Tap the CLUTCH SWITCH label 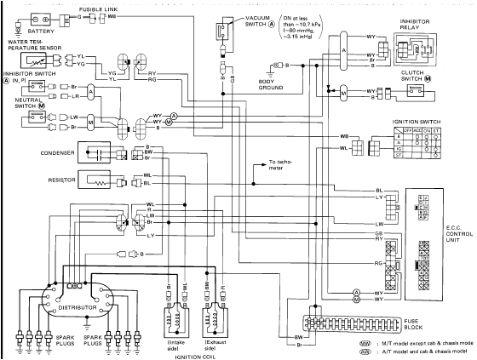coord(420,74)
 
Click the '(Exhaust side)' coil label coord(216,341)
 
